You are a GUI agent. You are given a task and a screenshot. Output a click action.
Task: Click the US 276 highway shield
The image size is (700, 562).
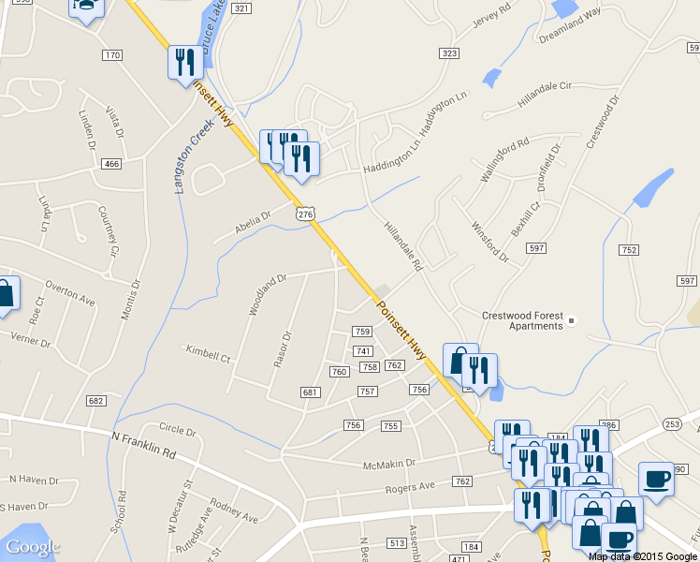click(305, 214)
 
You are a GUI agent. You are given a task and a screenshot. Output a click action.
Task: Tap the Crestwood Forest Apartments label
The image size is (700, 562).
click(522, 320)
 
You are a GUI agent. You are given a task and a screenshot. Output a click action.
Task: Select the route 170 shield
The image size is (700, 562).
click(112, 56)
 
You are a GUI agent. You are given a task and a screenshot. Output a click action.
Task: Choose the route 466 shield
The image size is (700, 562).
click(112, 165)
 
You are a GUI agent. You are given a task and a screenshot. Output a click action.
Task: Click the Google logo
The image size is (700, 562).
click(33, 547)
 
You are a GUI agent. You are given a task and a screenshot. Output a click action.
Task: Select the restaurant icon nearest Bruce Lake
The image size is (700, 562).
click(184, 62)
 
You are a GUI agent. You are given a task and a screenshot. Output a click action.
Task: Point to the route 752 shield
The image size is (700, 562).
click(628, 249)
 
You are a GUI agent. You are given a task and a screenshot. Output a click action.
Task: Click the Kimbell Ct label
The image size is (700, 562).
click(208, 353)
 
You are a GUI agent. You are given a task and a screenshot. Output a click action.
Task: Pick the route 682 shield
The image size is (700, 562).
click(95, 401)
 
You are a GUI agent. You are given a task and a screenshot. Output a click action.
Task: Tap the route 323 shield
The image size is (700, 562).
click(449, 54)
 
